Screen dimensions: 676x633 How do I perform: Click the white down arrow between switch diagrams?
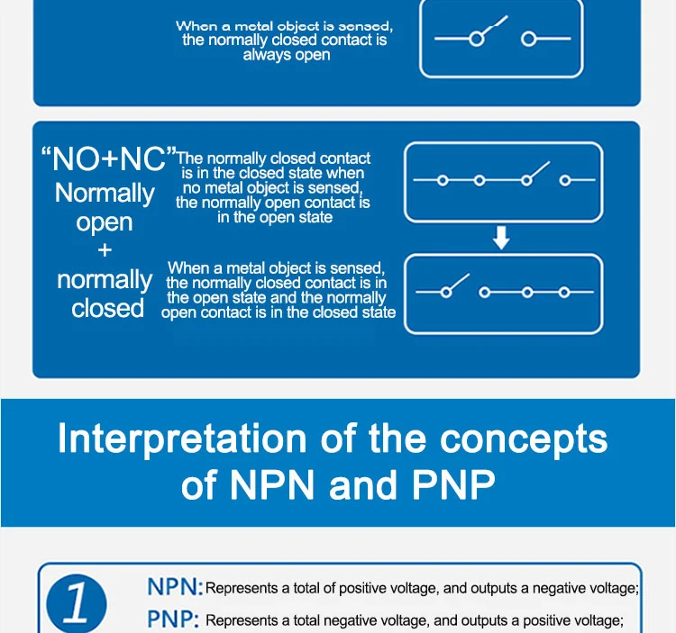(501, 238)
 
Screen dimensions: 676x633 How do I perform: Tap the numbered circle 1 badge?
(77, 603)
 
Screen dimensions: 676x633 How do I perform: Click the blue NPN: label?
(175, 586)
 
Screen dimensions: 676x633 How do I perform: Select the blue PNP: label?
(173, 619)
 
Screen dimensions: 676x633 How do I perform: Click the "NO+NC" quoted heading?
(109, 158)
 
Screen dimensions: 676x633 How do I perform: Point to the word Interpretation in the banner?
(182, 439)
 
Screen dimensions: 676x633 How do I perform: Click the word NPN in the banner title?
(271, 484)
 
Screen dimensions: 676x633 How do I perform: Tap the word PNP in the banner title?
(453, 484)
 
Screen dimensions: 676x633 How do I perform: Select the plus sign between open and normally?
(105, 250)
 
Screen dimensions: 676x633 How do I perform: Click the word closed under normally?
(108, 308)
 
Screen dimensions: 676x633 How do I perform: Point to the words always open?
(287, 55)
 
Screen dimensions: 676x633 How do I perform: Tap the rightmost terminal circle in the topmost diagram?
(528, 40)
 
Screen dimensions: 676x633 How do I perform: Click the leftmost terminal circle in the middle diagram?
(443, 180)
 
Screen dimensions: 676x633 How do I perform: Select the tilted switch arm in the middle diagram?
(539, 170)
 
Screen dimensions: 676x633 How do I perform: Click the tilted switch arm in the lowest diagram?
(459, 282)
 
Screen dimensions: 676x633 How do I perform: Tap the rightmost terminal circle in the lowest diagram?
(564, 293)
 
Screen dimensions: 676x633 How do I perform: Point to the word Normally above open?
(105, 194)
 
